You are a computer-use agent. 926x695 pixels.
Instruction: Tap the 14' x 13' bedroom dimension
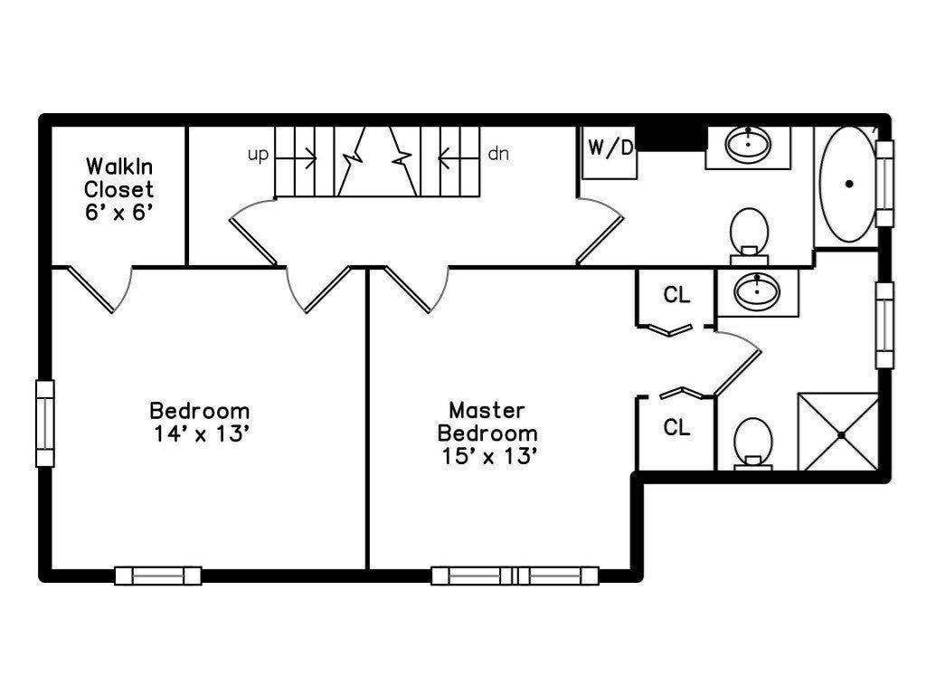tap(201, 433)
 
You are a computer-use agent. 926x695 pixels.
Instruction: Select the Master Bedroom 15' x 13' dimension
tap(489, 456)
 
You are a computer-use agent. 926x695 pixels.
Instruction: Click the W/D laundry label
tap(610, 148)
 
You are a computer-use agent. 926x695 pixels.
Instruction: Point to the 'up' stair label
tap(258, 155)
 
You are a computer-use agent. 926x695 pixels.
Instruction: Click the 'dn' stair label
tap(498, 154)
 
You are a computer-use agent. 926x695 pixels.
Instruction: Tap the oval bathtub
tap(848, 184)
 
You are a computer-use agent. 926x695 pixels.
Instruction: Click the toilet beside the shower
tap(753, 443)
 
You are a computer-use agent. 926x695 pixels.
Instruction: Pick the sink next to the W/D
tap(748, 144)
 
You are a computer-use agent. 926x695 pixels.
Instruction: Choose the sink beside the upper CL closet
tap(757, 290)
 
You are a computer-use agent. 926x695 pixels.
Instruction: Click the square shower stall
tap(838, 432)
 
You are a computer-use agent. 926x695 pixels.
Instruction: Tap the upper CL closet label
tap(676, 294)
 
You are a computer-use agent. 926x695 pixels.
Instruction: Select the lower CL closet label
tap(676, 427)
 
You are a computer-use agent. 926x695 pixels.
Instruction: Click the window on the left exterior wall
tap(45, 424)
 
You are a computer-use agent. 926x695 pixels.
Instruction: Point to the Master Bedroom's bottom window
tap(515, 576)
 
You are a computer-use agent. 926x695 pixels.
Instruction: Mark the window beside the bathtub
tap(884, 183)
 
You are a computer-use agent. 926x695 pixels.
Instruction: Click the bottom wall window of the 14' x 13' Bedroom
tap(157, 576)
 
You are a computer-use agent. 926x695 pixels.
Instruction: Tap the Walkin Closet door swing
tap(99, 290)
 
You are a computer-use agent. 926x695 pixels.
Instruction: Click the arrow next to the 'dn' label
tap(458, 157)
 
